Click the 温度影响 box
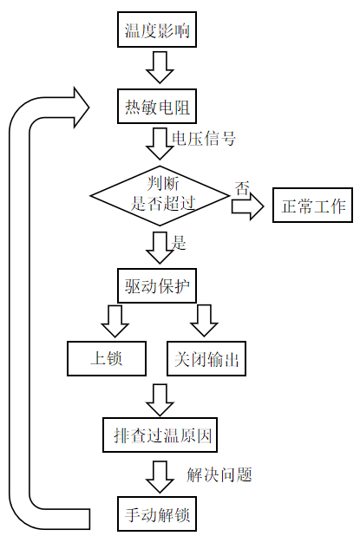pos(157,29)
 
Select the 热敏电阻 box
pos(157,107)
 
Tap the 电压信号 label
pos(204,139)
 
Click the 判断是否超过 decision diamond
pos(160,196)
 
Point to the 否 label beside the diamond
pos(242,187)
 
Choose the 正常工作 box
pos(312,205)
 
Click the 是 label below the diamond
pos(179,243)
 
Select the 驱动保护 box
pos(157,285)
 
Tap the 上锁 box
pos(107,358)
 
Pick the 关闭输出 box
pos(206,358)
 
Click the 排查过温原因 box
pos(160,435)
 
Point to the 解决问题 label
pos(219,474)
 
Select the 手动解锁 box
pos(157,514)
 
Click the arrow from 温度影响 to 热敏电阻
pos(160,68)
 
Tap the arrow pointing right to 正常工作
pos(248,206)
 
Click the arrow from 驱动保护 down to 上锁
pos(115,321)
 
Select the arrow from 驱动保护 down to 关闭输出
pos(205,321)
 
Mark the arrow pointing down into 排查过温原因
pos(160,400)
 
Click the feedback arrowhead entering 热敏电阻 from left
pos(82,108)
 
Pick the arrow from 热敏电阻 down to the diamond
pos(160,144)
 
